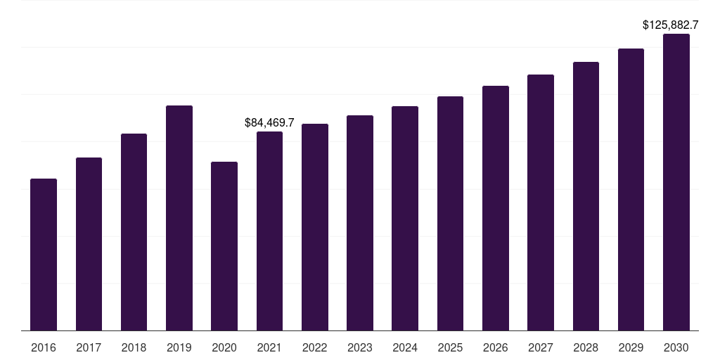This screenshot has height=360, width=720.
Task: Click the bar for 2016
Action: coord(44,255)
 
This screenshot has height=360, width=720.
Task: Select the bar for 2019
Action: coord(179,218)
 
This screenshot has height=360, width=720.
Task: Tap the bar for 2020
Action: coord(224,246)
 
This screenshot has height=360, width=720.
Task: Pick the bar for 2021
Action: coord(269,231)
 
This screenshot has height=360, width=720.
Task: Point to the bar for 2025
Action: coord(450,214)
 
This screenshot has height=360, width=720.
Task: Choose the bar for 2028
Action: coord(586,196)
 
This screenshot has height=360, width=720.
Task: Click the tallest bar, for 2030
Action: coord(676,182)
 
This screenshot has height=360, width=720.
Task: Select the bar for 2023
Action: coord(360,223)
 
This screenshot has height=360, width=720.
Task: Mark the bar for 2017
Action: coord(89,244)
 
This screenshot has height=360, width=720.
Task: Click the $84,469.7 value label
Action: coord(269,122)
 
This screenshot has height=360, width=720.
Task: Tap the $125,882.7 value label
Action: coord(670,25)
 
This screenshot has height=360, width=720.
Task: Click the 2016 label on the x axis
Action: coord(44,347)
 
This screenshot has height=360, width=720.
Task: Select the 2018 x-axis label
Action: coord(134,347)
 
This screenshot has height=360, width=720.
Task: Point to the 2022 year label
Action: coord(314,347)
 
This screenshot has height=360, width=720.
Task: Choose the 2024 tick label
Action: coord(405,347)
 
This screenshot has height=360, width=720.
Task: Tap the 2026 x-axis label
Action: coord(496,347)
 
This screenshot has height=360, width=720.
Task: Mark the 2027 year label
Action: coord(541,347)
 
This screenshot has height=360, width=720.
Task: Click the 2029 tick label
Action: coord(631,347)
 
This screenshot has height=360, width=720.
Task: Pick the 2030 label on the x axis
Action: coord(676,347)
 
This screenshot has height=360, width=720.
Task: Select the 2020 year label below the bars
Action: coord(224,347)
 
